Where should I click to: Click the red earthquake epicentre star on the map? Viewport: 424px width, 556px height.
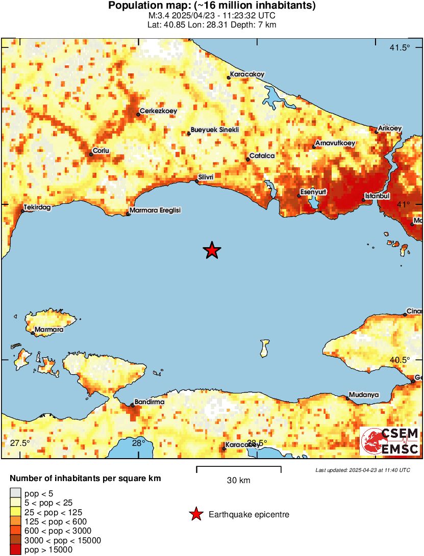(x=212, y=250)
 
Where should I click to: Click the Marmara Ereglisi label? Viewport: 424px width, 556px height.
(x=155, y=210)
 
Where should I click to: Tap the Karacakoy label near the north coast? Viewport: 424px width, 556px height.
(x=247, y=74)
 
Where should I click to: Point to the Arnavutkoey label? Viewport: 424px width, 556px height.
(x=335, y=143)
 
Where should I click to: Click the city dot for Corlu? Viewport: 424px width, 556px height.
(x=91, y=154)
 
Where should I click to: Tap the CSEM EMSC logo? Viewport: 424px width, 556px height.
(x=390, y=441)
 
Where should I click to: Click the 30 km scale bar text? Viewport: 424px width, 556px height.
(x=238, y=480)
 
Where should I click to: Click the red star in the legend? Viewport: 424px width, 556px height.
(x=196, y=515)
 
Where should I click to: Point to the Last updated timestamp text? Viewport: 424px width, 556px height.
(x=363, y=470)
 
